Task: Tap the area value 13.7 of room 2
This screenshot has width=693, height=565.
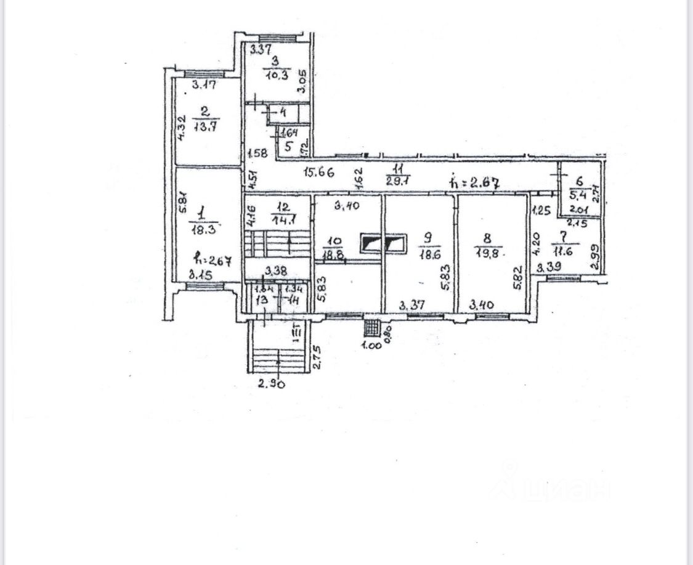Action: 206,127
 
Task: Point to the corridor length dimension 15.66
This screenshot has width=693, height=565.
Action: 318,173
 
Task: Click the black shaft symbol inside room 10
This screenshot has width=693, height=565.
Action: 371,244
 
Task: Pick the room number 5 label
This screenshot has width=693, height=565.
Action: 288,147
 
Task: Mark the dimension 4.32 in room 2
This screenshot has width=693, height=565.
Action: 181,129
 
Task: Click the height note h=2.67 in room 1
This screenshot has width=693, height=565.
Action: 211,260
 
